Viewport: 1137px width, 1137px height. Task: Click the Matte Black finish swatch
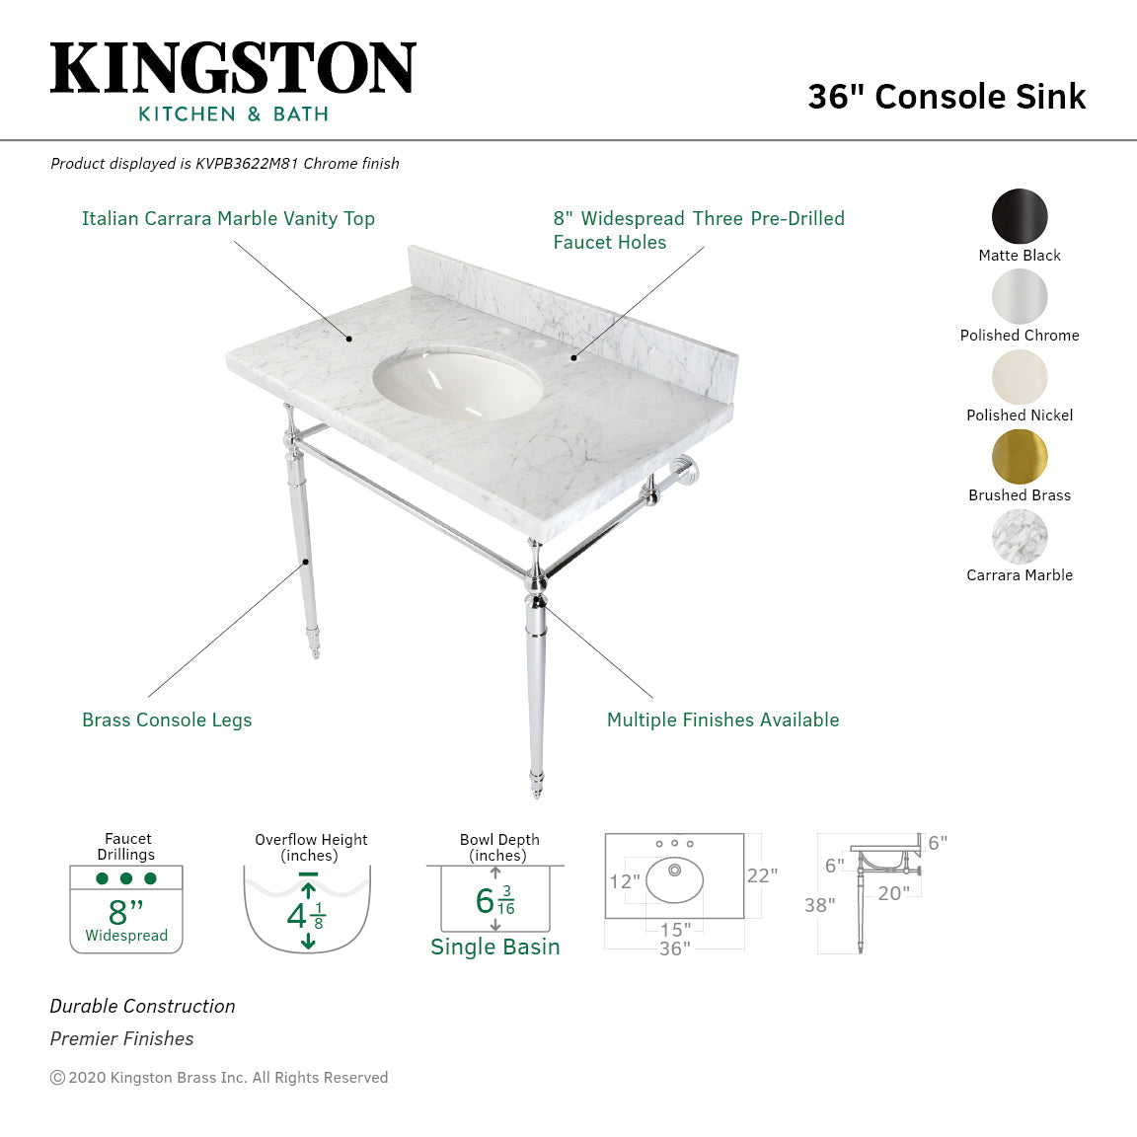[x=1020, y=216]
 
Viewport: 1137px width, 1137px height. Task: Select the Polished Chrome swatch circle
[x=1020, y=296]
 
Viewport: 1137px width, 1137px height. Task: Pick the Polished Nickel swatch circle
[x=1020, y=376]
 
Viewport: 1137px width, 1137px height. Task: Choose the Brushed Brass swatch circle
[x=1020, y=456]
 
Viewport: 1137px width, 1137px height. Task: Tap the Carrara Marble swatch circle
[x=1020, y=536]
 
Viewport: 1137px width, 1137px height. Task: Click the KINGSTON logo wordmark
[x=233, y=68]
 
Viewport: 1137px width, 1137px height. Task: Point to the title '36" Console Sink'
[x=947, y=97]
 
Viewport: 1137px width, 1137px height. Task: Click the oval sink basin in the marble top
[x=458, y=381]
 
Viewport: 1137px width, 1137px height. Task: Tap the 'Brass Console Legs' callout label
[x=167, y=720]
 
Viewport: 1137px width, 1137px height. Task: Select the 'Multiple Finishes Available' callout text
[x=722, y=720]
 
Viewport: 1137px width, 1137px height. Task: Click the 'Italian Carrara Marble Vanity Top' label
[x=228, y=219]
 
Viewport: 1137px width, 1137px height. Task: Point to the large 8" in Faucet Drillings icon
[x=125, y=910]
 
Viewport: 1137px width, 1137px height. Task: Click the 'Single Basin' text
[x=495, y=947]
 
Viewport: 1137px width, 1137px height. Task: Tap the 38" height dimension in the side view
[x=819, y=905]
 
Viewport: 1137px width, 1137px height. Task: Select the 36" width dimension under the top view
[x=675, y=948]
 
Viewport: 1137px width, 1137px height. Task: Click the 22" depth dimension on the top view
[x=762, y=875]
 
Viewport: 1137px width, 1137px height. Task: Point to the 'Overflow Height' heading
[x=311, y=840]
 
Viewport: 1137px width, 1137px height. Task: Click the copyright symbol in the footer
[x=57, y=1078]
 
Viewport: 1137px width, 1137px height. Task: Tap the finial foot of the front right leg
[x=536, y=785]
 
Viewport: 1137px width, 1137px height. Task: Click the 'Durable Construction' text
[x=143, y=1007]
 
